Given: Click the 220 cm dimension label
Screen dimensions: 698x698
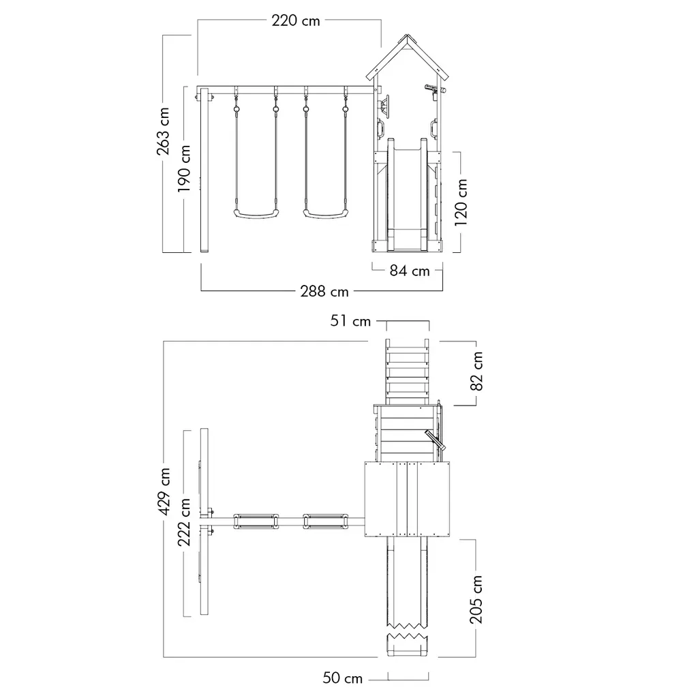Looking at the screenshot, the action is [296, 20].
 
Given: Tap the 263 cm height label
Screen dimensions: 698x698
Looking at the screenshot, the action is [163, 131].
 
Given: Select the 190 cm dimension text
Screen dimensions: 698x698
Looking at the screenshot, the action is [184, 168].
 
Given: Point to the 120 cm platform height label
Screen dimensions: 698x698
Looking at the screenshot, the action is [461, 202].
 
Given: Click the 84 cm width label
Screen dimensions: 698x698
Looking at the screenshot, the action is [410, 271].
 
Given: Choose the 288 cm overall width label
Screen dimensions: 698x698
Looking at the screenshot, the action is [324, 292].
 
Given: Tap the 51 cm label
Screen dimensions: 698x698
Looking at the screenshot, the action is [350, 321].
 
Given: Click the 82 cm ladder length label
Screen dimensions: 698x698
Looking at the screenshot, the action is [476, 371].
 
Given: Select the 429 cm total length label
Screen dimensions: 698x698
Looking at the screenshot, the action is [164, 491].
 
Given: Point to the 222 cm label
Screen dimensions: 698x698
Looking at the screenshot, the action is [184, 522].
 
